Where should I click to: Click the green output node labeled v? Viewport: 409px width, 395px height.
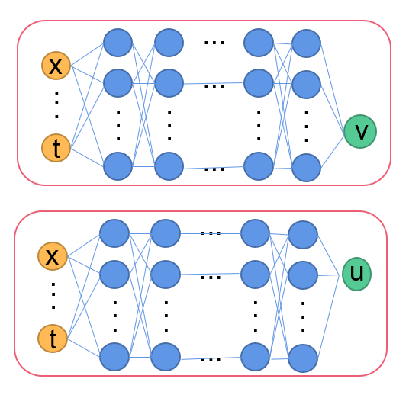click(x=359, y=132)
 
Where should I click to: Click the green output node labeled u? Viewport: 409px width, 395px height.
click(x=356, y=274)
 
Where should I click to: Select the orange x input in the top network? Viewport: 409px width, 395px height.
click(x=56, y=66)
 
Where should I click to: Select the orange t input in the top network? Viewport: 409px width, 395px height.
click(x=56, y=147)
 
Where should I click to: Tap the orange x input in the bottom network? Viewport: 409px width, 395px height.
click(x=53, y=256)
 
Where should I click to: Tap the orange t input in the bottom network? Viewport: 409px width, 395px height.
click(x=53, y=339)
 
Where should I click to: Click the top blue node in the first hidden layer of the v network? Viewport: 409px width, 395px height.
click(x=118, y=42)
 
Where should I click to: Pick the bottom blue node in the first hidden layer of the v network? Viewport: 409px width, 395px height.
click(x=118, y=165)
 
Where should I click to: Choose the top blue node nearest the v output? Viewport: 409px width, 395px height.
click(x=306, y=43)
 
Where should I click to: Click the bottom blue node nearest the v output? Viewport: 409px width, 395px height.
click(x=306, y=168)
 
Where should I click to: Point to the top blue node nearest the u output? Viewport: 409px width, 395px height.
click(x=303, y=235)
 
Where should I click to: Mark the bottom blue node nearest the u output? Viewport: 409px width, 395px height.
click(x=303, y=358)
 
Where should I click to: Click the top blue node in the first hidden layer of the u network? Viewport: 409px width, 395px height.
click(x=114, y=233)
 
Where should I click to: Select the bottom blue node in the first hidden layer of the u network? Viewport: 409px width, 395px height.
click(x=114, y=356)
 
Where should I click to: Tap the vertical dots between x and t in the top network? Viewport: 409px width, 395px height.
click(x=56, y=106)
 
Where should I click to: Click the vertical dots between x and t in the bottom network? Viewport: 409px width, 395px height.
click(x=53, y=297)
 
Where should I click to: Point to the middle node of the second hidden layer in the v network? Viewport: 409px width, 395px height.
click(x=169, y=83)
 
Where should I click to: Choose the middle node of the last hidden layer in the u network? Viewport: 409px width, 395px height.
click(x=303, y=275)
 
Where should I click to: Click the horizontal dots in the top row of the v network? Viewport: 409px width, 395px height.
click(x=214, y=42)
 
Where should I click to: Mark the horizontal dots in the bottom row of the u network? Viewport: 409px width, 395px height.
click(x=211, y=358)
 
